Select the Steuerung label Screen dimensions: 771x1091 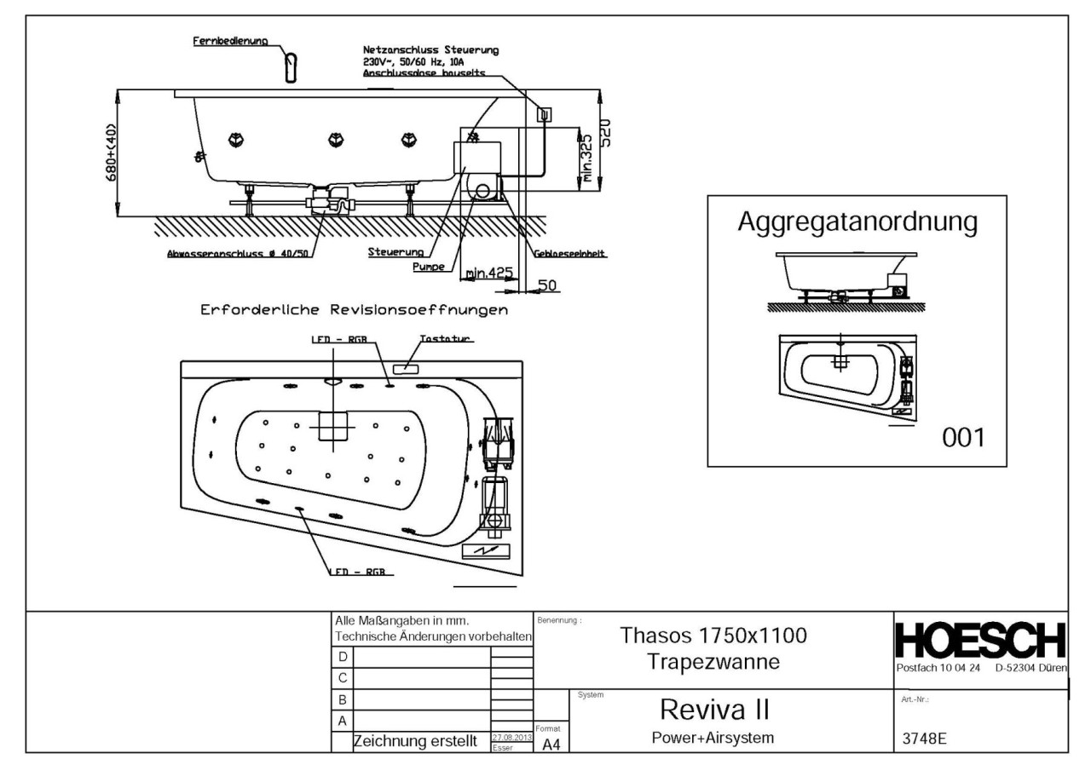pyautogui.click(x=396, y=252)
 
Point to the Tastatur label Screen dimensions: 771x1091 pyautogui.click(x=445, y=339)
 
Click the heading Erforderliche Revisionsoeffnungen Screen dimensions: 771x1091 pyautogui.click(x=353, y=310)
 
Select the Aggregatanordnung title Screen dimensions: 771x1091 pyautogui.click(x=857, y=223)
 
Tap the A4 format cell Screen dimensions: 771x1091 pyautogui.click(x=550, y=745)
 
